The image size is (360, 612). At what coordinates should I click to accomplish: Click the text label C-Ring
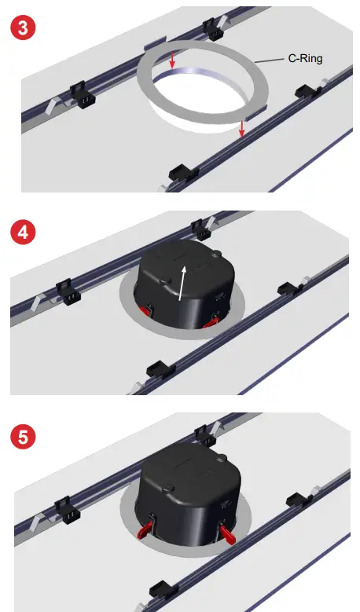click(x=303, y=57)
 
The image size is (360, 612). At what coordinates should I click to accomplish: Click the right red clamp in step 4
click(x=211, y=321)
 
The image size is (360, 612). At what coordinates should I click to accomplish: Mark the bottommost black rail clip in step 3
click(x=180, y=171)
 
